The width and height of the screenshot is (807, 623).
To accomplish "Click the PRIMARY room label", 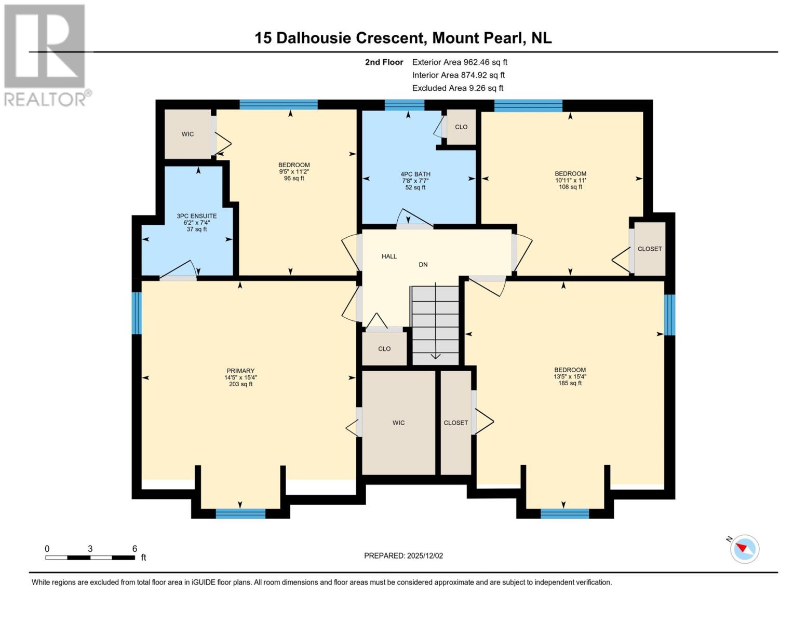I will click(240, 371).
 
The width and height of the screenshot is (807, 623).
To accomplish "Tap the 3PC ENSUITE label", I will click(197, 216).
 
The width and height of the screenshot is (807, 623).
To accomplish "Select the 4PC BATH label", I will click(415, 174).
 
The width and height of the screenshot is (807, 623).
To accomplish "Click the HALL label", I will click(389, 256).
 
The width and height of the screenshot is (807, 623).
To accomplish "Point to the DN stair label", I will click(423, 265).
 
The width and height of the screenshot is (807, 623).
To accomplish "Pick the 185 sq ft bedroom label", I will click(570, 370).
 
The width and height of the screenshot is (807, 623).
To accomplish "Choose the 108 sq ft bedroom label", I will click(570, 174).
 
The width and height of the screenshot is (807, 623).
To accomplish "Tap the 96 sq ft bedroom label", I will click(294, 165).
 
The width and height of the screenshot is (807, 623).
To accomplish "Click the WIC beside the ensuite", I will click(187, 134).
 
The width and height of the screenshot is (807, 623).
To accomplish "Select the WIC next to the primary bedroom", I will click(398, 423).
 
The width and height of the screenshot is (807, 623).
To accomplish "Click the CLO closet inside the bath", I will click(461, 127).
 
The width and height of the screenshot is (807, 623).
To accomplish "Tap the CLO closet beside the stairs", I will click(384, 349).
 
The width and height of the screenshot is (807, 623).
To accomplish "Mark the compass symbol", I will click(744, 549).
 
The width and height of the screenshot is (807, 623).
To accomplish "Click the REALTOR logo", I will click(46, 55).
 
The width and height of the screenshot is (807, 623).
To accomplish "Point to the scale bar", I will click(90, 558).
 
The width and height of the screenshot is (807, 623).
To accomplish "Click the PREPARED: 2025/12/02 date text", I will click(403, 556).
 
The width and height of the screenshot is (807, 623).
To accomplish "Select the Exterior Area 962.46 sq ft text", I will click(460, 62).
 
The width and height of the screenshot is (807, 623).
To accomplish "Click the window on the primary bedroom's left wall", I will click(137, 313).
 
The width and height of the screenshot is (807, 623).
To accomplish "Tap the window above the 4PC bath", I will click(405, 105).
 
